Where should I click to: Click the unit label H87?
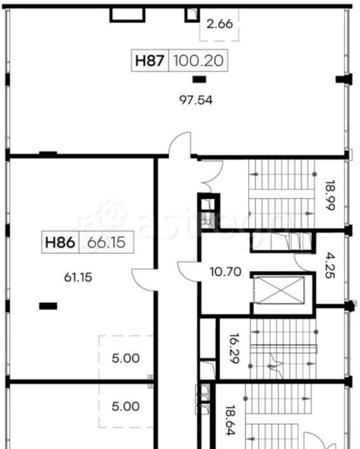[149, 61]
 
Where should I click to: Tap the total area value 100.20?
[198, 61]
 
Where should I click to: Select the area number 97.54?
[196, 101]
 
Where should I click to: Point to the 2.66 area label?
[220, 23]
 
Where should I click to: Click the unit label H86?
[60, 243]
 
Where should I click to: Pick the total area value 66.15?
[106, 243]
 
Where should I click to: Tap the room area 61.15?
[78, 277]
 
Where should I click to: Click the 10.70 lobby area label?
[226, 271]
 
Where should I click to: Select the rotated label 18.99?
[330, 195]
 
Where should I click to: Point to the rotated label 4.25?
[330, 265]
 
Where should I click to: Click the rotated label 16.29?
[234, 348]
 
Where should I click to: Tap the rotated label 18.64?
[230, 420]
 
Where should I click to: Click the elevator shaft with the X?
[279, 290]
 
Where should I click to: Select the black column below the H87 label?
[199, 79]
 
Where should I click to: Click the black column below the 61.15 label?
[48, 306]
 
